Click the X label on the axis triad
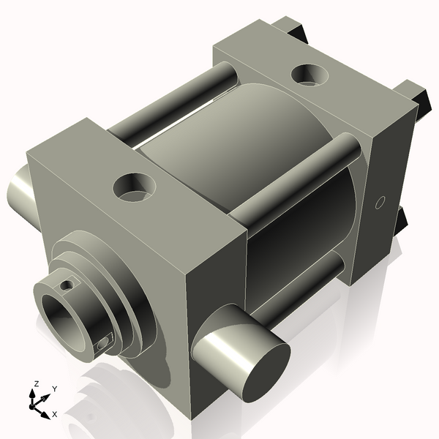(x=54, y=415)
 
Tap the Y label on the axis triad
(x=54, y=389)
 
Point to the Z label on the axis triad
(x=36, y=383)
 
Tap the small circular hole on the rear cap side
(x=379, y=203)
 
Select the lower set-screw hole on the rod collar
(x=104, y=340)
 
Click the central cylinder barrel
(x=241, y=146)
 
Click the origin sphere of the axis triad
(x=36, y=403)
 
